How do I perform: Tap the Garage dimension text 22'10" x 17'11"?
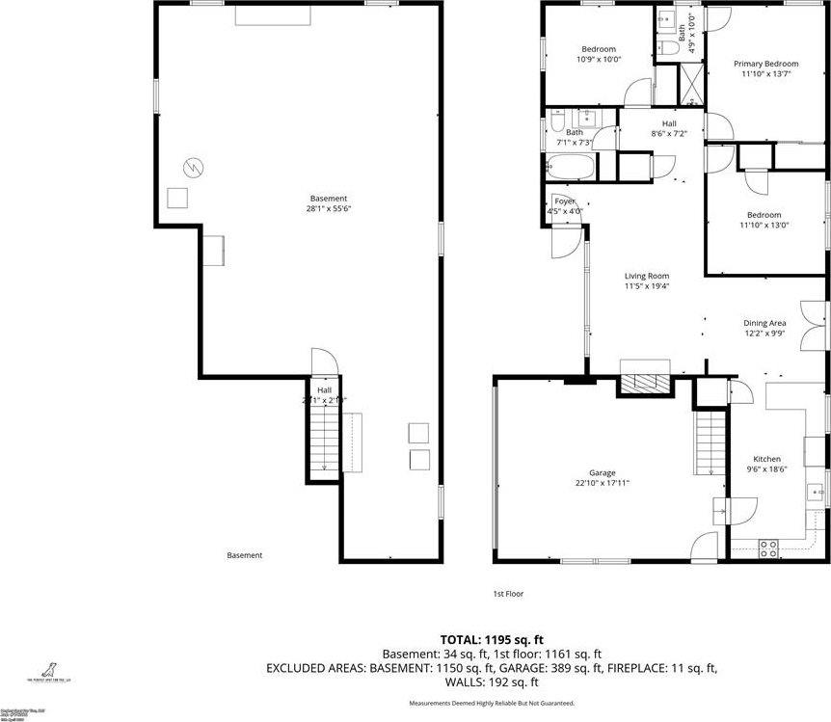(x=603, y=484)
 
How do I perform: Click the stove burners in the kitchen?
(x=768, y=548)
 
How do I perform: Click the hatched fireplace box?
(x=644, y=384)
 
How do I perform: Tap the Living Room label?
(x=646, y=276)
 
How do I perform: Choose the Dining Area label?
(x=764, y=323)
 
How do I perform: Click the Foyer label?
(x=564, y=201)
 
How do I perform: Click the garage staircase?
(x=710, y=443)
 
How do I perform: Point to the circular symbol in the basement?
(x=194, y=167)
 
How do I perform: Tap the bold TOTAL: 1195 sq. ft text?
(x=492, y=639)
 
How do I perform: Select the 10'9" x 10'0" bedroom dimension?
(x=598, y=59)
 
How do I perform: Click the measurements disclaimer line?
(x=492, y=703)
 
